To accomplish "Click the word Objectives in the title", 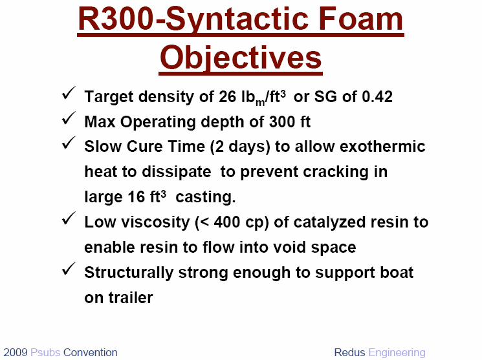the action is pyautogui.click(x=241, y=58).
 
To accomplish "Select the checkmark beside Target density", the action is pyautogui.click(x=69, y=93).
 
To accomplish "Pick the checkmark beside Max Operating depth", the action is pyautogui.click(x=69, y=118).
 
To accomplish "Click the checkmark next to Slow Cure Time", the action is pyautogui.click(x=69, y=143).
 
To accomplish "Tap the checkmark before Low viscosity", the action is pyautogui.click(x=69, y=218).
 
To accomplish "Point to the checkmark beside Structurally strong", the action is pyautogui.click(x=69, y=269).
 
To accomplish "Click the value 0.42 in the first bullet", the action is pyautogui.click(x=377, y=97).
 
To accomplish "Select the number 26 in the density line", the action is pyautogui.click(x=227, y=97).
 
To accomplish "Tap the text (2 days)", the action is pyautogui.click(x=240, y=147).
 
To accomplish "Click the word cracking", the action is pyautogui.click(x=336, y=172).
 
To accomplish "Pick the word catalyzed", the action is pyautogui.click(x=330, y=222).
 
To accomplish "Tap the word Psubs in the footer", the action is pyautogui.click(x=45, y=352).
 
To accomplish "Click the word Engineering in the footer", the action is pyautogui.click(x=397, y=353).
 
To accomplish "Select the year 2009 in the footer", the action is pyautogui.click(x=16, y=352).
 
